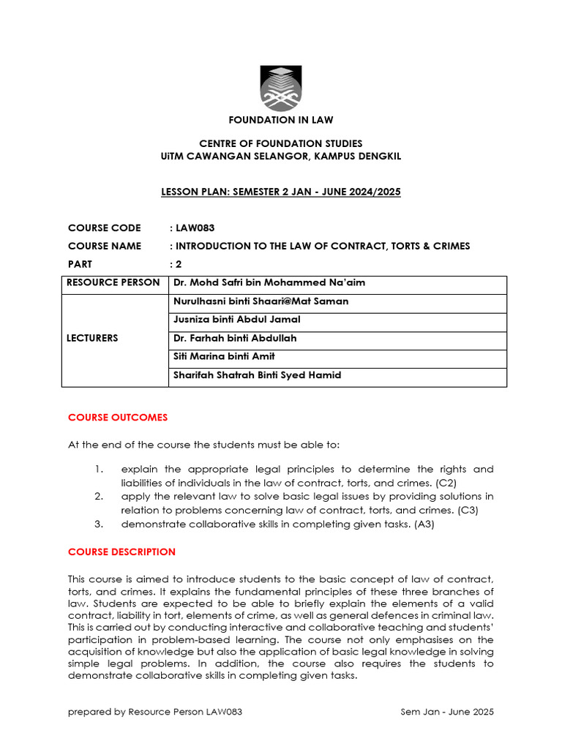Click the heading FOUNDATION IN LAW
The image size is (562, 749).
point(281,119)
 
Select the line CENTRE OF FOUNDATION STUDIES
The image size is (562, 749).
point(281,143)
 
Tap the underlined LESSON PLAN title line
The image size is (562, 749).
point(281,192)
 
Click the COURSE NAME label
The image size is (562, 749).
point(105,246)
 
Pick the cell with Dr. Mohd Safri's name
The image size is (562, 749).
point(269,283)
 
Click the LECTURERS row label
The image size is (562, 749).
point(92,338)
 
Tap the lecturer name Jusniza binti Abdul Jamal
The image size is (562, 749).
point(236,320)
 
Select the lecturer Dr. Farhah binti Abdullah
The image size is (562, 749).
point(235,338)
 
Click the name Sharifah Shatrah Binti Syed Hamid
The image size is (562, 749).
point(257,375)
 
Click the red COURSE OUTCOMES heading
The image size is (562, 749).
point(118,418)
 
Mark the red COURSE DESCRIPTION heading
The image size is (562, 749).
point(121,552)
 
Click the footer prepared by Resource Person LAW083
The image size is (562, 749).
point(155,712)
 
